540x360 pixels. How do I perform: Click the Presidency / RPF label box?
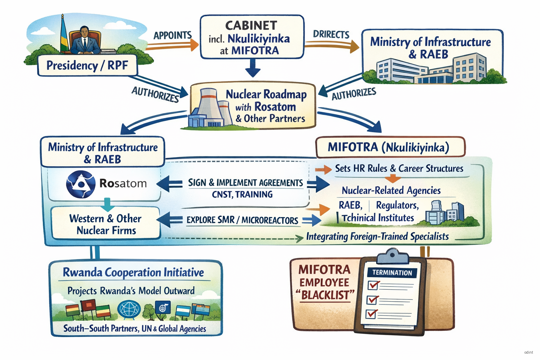point(87,65)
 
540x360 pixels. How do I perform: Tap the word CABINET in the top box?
point(251,26)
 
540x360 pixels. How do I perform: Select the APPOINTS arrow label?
point(172,36)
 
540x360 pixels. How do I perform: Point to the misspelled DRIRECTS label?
point(331,34)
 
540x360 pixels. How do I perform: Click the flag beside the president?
point(63,35)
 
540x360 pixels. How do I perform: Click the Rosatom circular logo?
point(81,184)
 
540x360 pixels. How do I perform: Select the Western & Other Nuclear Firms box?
point(105,224)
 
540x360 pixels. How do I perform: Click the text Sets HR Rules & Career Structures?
point(399,168)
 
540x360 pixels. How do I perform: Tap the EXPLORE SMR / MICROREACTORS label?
point(242,220)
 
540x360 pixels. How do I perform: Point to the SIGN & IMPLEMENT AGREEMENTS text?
point(245,183)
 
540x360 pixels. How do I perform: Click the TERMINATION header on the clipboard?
point(392,273)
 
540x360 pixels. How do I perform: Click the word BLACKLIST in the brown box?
point(325,295)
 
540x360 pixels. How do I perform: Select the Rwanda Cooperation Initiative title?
point(133,272)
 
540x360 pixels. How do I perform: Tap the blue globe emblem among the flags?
point(129,310)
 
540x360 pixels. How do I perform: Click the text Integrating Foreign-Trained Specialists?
point(377,237)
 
